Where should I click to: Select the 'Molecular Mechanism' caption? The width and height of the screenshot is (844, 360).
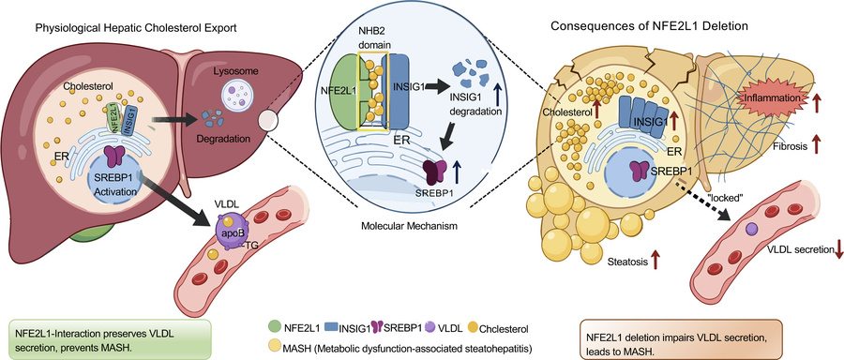(x=410, y=226)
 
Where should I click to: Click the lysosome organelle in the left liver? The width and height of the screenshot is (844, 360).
(x=238, y=95)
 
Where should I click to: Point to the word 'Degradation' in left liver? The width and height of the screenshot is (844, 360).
(x=225, y=139)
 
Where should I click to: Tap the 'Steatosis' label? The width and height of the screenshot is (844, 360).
(x=626, y=262)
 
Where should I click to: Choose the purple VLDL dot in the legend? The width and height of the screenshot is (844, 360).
(x=428, y=327)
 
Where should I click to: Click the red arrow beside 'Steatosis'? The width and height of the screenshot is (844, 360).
(x=656, y=260)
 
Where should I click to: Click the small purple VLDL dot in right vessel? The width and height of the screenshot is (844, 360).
(x=751, y=230)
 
